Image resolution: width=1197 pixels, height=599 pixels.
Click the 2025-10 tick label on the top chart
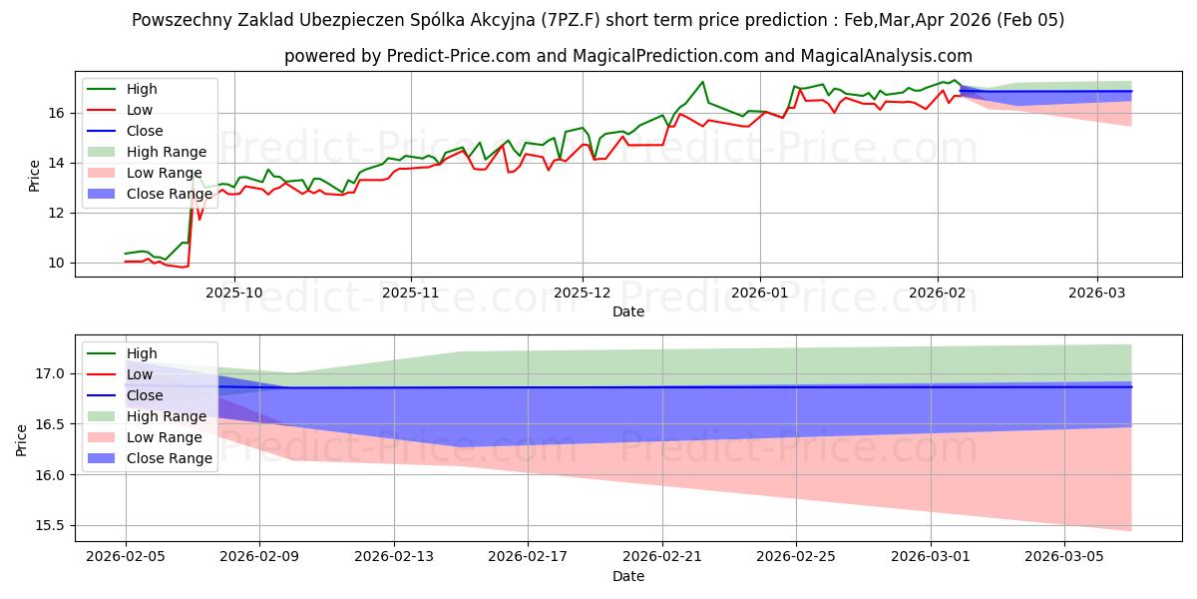234,294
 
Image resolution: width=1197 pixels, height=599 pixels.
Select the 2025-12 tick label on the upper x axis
583,294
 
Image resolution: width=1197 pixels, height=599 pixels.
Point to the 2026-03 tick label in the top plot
1097,294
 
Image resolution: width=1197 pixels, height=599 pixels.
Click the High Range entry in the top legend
167,152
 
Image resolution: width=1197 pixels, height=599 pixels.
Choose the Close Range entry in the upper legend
170,194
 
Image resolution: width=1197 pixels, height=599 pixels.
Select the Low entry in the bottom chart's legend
140,374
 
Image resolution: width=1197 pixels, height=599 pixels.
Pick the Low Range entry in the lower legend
166,437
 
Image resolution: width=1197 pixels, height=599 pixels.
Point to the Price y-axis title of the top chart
35,174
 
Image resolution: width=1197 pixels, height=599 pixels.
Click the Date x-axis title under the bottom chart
628,576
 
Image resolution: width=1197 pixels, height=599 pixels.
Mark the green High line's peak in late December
702,82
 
